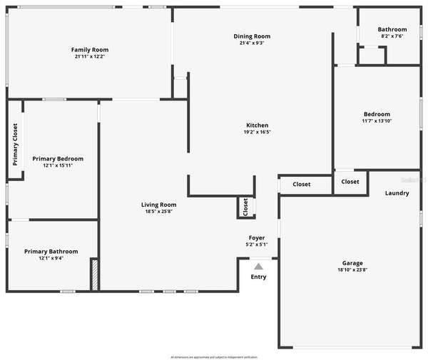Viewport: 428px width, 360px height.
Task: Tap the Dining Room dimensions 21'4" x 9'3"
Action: (252, 43)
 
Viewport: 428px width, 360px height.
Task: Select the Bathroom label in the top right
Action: (392, 29)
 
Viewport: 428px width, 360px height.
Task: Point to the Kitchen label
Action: (257, 125)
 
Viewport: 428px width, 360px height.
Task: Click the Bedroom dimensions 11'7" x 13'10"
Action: (377, 121)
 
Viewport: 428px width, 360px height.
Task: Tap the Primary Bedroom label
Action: (58, 158)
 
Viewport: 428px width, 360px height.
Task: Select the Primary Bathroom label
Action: (51, 251)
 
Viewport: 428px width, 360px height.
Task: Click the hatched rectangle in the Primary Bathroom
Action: (93, 274)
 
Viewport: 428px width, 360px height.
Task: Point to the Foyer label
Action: (257, 237)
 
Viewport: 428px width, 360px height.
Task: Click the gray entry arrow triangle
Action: (258, 266)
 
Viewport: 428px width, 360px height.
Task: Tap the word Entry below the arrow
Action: (258, 277)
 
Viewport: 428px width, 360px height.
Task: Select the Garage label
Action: (350, 263)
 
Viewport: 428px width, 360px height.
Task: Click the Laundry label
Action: (397, 193)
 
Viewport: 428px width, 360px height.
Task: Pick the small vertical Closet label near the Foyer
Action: (245, 207)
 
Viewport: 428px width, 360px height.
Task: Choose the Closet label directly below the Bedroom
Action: (350, 181)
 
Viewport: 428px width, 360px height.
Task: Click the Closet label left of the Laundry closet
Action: (301, 184)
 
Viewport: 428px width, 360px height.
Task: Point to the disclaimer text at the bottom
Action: (214, 356)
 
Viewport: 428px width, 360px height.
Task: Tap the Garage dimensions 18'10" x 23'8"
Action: (350, 270)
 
